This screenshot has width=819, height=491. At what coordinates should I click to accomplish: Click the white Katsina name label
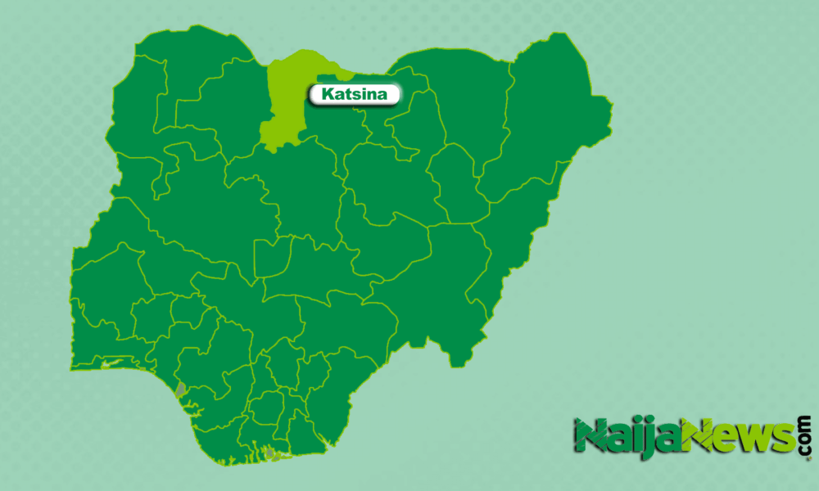coord(354,95)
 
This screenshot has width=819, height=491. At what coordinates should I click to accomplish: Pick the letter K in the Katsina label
coord(327,95)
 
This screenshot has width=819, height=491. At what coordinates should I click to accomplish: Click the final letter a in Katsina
coord(388,96)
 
